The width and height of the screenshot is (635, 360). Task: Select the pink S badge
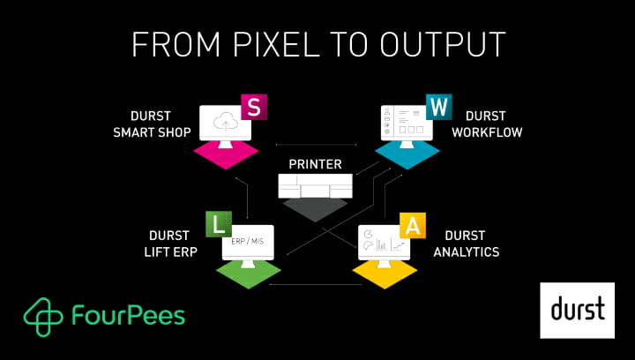click(x=254, y=108)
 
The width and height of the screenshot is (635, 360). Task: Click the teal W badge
click(x=437, y=108)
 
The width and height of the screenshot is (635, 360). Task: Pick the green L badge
click(x=217, y=224)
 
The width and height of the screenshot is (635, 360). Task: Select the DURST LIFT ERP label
click(x=168, y=244)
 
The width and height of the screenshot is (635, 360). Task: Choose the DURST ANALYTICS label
click(x=466, y=244)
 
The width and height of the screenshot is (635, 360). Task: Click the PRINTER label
click(x=315, y=165)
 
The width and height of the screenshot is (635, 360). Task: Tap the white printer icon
click(x=315, y=186)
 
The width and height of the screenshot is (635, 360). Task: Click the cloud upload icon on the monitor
click(x=224, y=124)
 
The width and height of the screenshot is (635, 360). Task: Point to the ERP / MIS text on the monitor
click(x=247, y=241)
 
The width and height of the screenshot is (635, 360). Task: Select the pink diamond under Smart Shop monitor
click(x=225, y=154)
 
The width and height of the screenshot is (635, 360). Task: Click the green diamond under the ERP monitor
click(x=248, y=274)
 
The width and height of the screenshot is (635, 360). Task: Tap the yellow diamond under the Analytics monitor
click(x=385, y=274)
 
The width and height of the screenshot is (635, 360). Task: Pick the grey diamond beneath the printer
click(x=315, y=210)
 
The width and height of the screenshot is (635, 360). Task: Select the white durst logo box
click(x=577, y=310)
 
